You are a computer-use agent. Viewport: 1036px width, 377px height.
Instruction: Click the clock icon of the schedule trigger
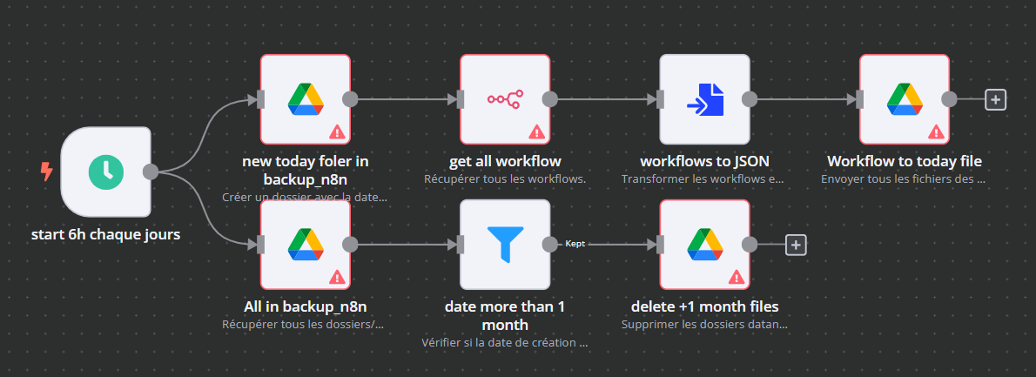click(x=105, y=172)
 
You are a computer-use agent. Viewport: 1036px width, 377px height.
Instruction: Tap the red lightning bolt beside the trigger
click(x=47, y=172)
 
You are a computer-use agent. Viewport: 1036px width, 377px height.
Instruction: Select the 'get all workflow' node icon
click(x=504, y=99)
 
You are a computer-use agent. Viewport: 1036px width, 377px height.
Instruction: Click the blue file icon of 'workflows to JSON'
click(x=704, y=99)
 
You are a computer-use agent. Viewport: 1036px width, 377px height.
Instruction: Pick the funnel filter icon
click(x=505, y=245)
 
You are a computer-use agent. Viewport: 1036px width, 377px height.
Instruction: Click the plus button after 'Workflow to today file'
click(x=995, y=99)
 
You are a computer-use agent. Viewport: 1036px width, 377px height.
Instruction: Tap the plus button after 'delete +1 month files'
click(x=795, y=245)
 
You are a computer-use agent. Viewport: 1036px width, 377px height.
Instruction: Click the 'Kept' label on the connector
click(x=575, y=245)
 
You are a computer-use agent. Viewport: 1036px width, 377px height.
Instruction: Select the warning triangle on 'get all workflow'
click(x=536, y=132)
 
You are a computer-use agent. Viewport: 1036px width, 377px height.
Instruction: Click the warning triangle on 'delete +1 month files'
click(x=736, y=278)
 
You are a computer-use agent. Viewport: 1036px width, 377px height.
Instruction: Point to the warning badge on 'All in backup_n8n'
click(x=336, y=278)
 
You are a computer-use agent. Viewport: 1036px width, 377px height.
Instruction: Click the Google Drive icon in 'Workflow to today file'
click(x=904, y=99)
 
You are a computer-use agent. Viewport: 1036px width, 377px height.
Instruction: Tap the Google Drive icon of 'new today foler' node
click(x=306, y=99)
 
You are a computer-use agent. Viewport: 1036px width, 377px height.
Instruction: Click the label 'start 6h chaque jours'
click(x=105, y=234)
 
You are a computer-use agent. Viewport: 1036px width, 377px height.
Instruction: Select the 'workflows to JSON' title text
click(x=704, y=161)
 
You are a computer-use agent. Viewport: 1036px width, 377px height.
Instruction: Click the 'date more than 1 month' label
click(x=505, y=315)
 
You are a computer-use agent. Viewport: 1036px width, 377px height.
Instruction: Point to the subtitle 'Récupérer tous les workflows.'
click(x=504, y=179)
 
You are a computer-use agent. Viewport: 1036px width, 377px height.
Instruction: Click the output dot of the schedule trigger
click(x=151, y=172)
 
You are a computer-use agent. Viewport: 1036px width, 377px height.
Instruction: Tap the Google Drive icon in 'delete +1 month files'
click(x=704, y=245)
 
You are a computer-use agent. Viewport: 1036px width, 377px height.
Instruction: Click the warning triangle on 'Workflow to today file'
click(x=936, y=132)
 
